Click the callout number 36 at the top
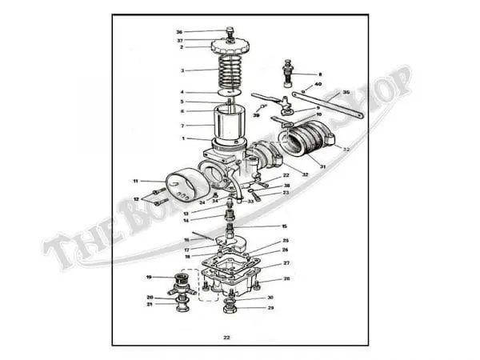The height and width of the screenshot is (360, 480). [179, 33]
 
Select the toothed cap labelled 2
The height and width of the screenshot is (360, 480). [230, 46]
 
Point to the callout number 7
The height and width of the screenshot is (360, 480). [182, 126]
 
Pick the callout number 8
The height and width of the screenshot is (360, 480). [320, 74]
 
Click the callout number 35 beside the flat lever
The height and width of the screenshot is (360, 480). [346, 92]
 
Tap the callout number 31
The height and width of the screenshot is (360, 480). [323, 166]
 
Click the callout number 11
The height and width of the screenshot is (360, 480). [136, 181]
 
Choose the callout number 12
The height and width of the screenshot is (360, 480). [136, 199]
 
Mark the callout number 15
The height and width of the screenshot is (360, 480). [284, 226]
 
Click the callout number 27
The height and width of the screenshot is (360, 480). [286, 262]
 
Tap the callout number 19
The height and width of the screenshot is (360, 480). [149, 277]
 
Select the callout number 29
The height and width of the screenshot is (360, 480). [270, 308]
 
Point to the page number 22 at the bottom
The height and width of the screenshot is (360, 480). [227, 338]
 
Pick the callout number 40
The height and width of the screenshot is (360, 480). [318, 84]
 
